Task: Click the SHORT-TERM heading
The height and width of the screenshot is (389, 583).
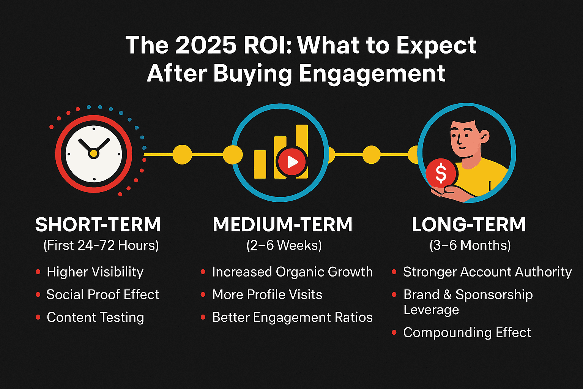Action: pos(98,225)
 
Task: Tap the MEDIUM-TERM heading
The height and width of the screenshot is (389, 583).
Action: pos(283,225)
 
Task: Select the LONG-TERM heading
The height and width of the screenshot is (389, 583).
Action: pos(469,225)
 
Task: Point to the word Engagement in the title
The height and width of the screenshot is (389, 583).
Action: pos(372,73)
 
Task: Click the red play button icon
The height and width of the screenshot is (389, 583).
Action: pos(292,162)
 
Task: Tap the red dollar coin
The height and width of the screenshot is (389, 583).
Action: pos(441,173)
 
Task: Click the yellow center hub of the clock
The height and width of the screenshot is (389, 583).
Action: pos(93,153)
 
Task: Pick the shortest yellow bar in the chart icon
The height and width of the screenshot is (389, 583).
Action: pos(260,164)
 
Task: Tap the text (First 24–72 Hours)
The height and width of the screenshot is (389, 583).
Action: pos(101,245)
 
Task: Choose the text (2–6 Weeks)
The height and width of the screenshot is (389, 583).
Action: pos(284,245)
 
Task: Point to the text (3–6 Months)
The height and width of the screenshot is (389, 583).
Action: pos(470,245)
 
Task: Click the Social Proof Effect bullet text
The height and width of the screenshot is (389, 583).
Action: pos(103,294)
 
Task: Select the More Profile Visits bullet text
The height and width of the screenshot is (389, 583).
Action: pos(267,294)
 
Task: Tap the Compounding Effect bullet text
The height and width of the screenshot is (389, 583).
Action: pos(467,332)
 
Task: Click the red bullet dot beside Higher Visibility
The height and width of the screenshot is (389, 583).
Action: pos(38,272)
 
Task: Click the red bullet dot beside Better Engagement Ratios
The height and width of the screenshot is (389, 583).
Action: pos(203,318)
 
